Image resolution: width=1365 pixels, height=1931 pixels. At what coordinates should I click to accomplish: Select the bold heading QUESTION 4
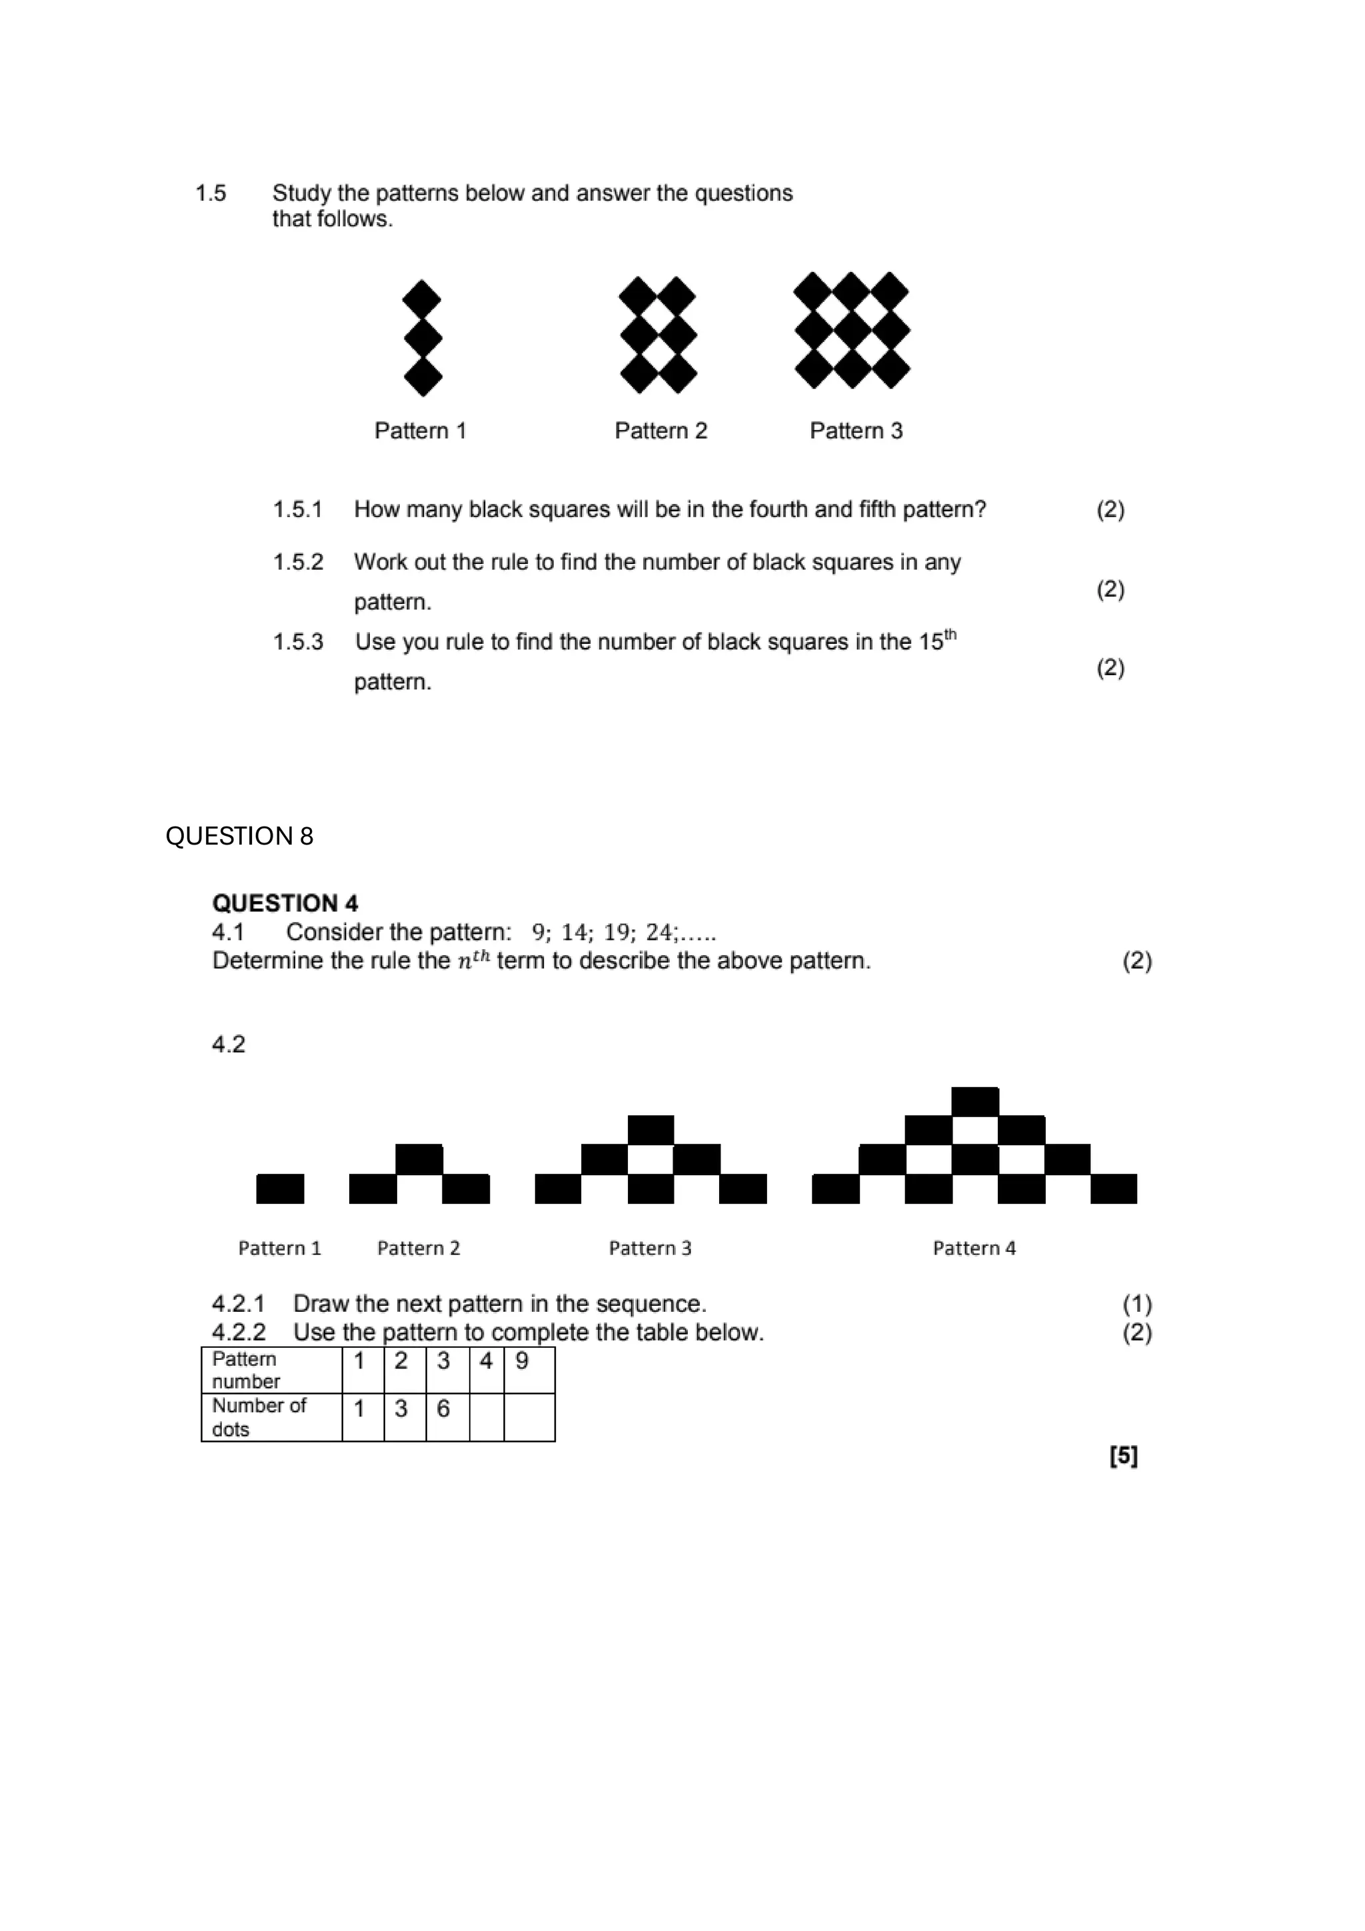(x=285, y=903)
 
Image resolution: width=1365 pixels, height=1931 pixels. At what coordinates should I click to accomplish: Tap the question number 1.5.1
(x=298, y=510)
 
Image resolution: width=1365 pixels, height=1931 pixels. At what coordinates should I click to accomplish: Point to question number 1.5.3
(x=298, y=643)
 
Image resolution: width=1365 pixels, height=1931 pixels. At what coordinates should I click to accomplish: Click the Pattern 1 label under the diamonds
(x=420, y=431)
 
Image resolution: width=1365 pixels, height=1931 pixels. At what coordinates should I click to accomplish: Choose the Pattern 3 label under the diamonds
(x=855, y=431)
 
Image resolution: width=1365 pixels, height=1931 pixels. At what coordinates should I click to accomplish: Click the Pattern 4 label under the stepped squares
(x=974, y=1248)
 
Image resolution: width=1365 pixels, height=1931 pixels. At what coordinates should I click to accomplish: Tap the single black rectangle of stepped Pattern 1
(x=280, y=1188)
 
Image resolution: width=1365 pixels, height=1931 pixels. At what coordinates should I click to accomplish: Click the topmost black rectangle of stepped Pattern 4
(x=974, y=1101)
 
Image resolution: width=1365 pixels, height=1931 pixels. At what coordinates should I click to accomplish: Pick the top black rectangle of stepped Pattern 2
(x=419, y=1159)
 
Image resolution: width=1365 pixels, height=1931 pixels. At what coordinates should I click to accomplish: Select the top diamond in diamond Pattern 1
(x=421, y=299)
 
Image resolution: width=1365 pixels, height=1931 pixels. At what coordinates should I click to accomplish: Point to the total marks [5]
(x=1124, y=1456)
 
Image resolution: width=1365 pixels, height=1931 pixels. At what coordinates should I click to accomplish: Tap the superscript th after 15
(x=950, y=635)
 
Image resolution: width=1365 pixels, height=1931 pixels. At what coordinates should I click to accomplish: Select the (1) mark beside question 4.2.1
(x=1137, y=1304)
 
